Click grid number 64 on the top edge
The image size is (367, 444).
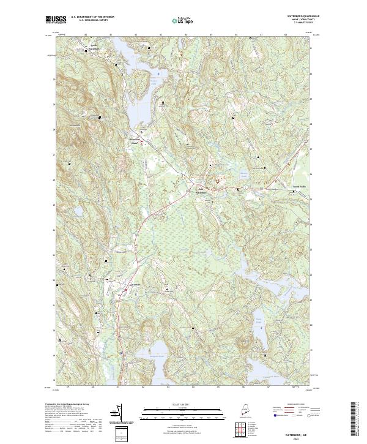click(186, 34)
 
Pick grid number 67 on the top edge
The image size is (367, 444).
click(261, 34)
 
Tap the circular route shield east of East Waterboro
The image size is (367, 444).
click(245, 187)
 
